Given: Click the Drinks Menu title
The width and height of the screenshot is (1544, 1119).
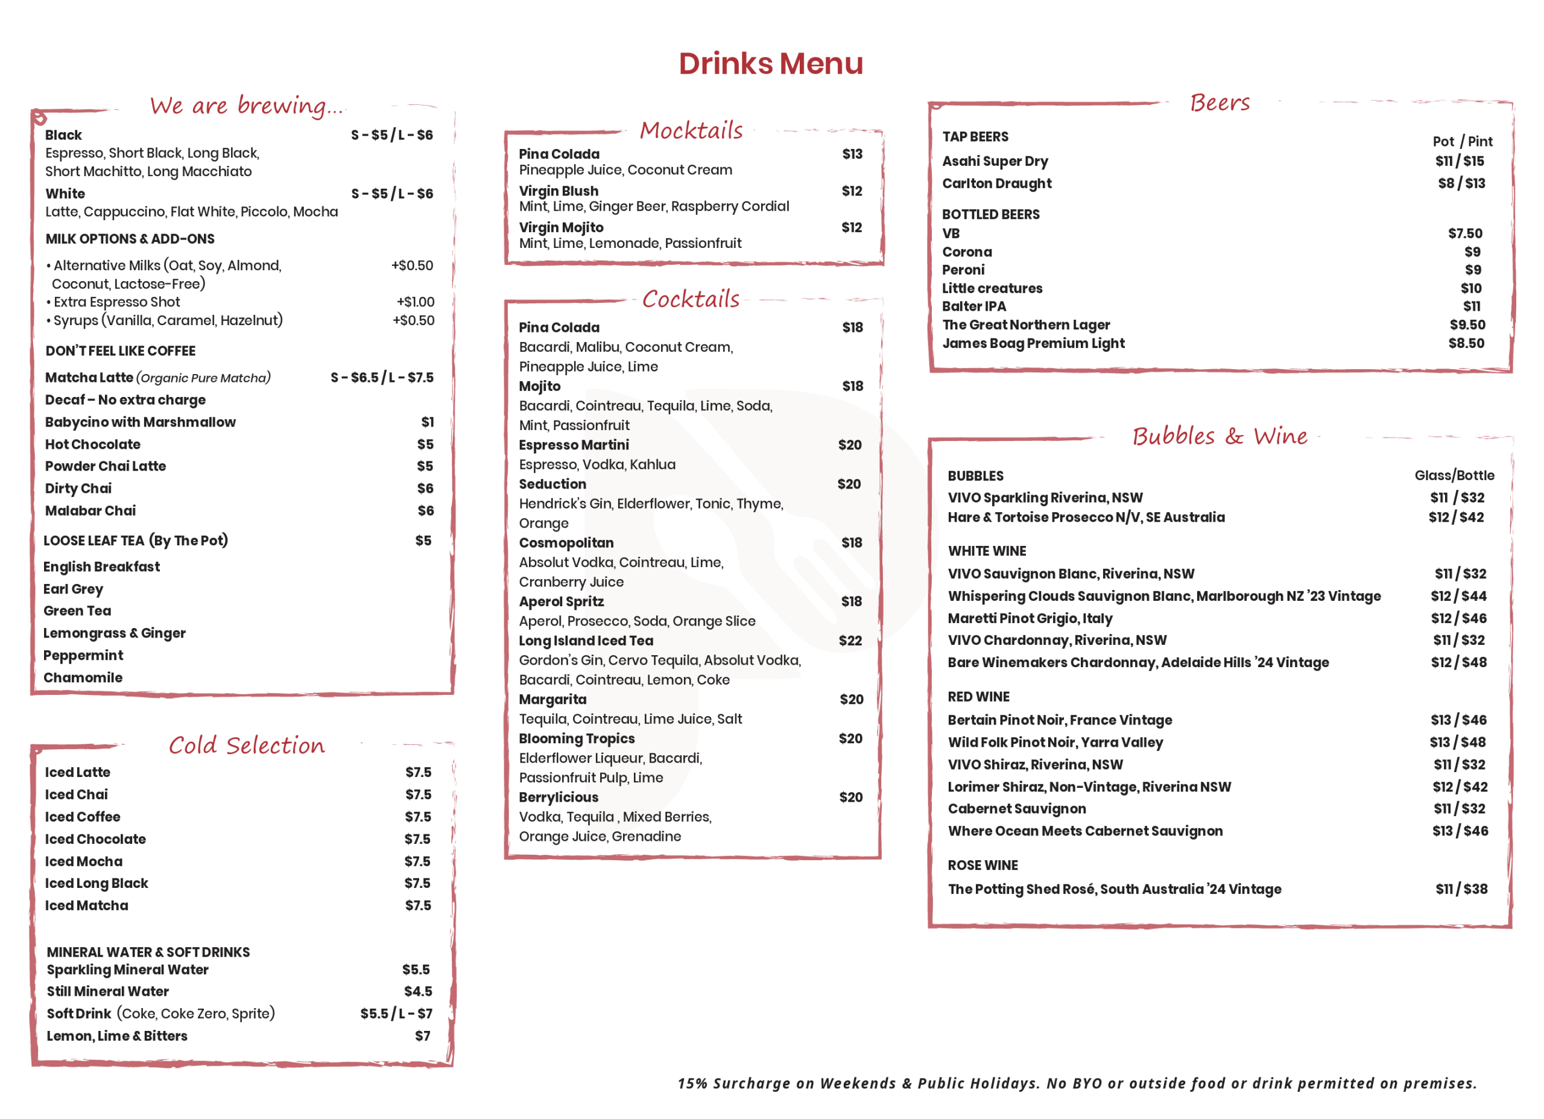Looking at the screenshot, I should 771,63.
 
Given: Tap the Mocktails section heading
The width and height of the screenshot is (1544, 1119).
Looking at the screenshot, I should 691,130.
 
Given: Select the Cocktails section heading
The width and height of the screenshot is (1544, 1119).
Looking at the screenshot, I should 691,299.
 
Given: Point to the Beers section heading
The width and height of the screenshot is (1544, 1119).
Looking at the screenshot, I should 1220,103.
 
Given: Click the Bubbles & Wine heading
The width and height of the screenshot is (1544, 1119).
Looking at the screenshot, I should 1220,436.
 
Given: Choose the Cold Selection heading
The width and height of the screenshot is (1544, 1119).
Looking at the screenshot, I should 247,745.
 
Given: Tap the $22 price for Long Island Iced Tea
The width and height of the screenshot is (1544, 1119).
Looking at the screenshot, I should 850,641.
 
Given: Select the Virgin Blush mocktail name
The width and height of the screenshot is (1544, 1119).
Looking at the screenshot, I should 558,191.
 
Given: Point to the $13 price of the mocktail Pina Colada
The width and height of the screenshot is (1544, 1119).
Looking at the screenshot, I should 852,154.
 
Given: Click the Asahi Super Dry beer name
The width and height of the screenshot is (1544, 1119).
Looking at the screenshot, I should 995,162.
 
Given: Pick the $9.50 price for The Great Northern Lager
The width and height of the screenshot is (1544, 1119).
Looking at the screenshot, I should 1467,325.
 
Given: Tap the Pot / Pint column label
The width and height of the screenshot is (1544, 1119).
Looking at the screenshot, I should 1463,142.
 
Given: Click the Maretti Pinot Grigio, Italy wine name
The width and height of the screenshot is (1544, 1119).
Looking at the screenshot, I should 1030,618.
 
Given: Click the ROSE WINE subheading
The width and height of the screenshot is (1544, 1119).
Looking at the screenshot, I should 982,865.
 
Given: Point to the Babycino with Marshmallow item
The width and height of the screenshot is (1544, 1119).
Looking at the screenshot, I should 141,422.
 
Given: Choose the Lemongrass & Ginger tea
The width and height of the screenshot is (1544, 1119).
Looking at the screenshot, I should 115,633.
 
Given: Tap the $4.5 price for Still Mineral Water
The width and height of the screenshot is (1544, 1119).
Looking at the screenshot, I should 418,991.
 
